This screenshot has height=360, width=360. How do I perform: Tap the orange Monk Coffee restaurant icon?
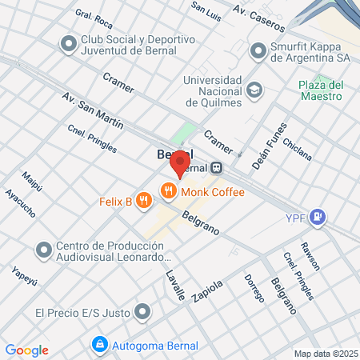click(x=168, y=190)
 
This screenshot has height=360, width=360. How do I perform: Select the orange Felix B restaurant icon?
click(x=144, y=201)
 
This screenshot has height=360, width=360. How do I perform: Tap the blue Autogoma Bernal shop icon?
click(x=99, y=344)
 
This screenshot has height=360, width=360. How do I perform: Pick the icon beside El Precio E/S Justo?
click(x=143, y=310)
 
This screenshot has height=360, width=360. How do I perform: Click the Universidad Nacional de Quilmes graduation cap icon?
click(x=254, y=90)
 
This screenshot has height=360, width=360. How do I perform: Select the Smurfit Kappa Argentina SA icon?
click(x=258, y=51)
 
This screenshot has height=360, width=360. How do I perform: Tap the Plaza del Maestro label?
click(x=320, y=90)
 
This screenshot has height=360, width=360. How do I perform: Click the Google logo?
click(x=26, y=350)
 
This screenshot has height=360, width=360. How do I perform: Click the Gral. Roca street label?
click(x=93, y=19)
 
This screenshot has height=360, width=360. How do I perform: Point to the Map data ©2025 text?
click(x=325, y=353)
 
